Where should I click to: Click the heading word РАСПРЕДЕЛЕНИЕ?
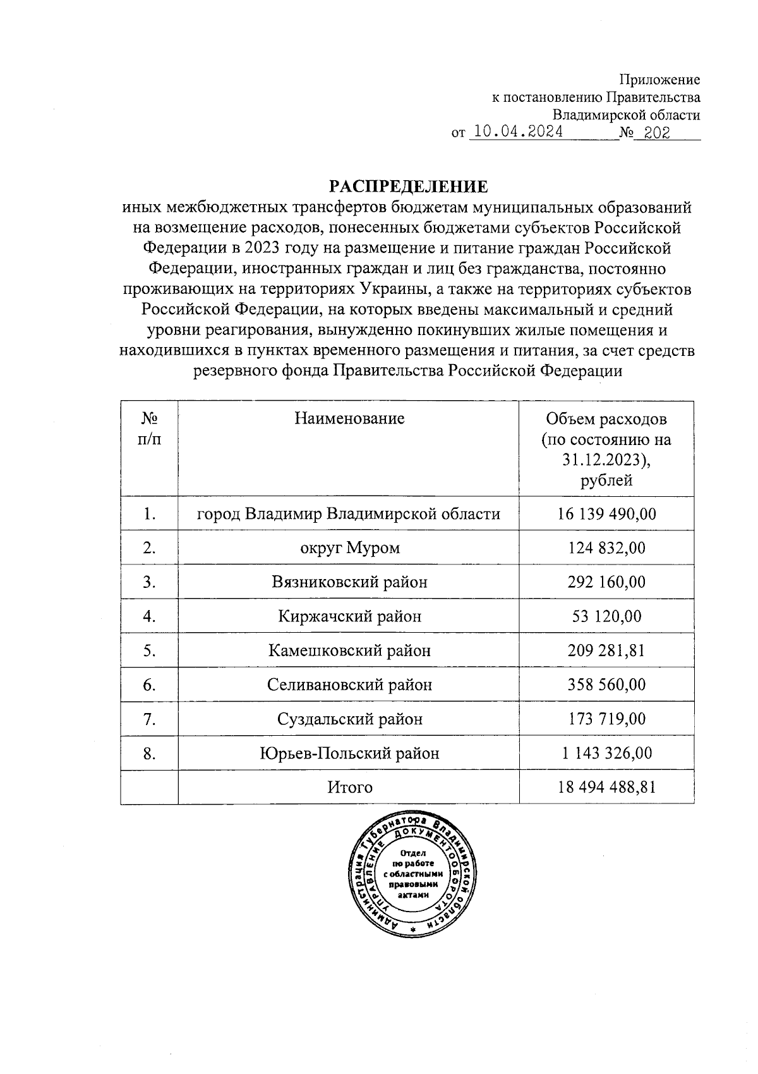(x=408, y=186)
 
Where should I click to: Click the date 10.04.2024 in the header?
(x=519, y=132)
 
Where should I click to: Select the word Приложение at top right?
(x=659, y=80)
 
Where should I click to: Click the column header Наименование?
(x=349, y=418)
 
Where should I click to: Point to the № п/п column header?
(x=149, y=429)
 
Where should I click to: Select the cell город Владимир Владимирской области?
(x=349, y=513)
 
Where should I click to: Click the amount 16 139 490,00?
(x=606, y=513)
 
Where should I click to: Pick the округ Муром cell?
(x=349, y=547)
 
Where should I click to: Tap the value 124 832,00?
(x=606, y=547)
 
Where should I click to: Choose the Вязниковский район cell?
(x=349, y=582)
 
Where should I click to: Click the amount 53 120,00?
(x=606, y=616)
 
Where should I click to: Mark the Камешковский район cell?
(x=349, y=650)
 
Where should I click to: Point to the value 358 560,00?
(x=606, y=684)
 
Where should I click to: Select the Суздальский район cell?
(x=349, y=719)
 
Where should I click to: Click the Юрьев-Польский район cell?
(x=349, y=753)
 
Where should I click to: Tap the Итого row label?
(x=349, y=787)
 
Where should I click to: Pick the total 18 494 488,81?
(x=606, y=787)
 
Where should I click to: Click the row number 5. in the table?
(x=149, y=650)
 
